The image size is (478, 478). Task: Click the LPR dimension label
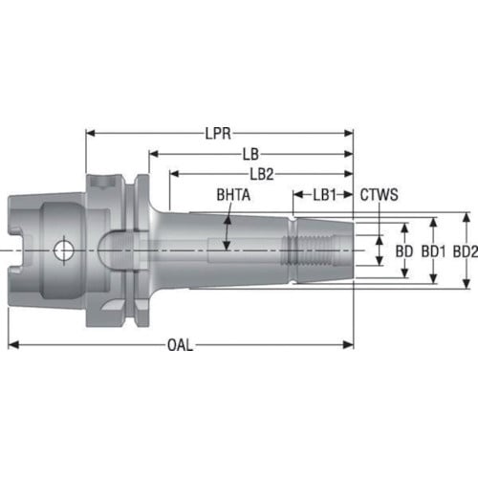click(x=218, y=133)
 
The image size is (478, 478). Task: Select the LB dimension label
click(x=250, y=154)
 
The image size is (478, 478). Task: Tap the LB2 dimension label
click(x=262, y=174)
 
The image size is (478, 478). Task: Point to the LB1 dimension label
click(x=325, y=195)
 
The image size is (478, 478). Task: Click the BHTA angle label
click(x=233, y=195)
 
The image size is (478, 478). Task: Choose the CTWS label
click(x=380, y=195)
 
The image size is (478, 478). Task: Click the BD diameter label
click(x=404, y=251)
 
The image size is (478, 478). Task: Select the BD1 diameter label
click(x=433, y=251)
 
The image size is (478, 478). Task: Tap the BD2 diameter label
click(x=466, y=251)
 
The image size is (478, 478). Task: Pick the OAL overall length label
click(x=180, y=345)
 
